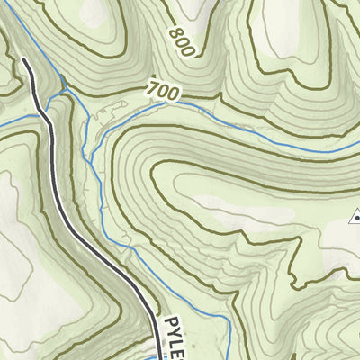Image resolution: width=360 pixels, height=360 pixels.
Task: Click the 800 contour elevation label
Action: (181, 40)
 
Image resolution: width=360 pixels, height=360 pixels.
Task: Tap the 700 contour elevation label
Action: (164, 91)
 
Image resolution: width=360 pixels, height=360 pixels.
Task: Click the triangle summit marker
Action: (355, 217)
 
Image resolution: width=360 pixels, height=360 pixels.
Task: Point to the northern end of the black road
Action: (23, 59)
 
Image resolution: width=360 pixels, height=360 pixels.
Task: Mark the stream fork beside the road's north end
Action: (63, 87)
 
